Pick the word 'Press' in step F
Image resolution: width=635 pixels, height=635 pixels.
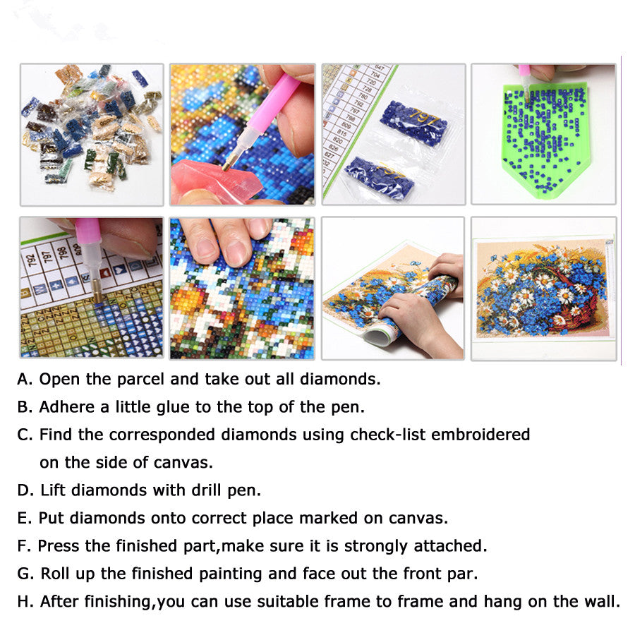coord(59,546)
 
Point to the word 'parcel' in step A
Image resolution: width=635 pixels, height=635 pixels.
coord(140,380)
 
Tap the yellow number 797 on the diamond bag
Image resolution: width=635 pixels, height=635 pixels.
coord(423,119)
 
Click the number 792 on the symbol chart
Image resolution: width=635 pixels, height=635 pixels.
coord(31,259)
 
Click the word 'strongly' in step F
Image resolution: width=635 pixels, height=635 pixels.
coord(375,547)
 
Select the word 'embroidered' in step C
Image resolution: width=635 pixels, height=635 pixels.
coord(480,435)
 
